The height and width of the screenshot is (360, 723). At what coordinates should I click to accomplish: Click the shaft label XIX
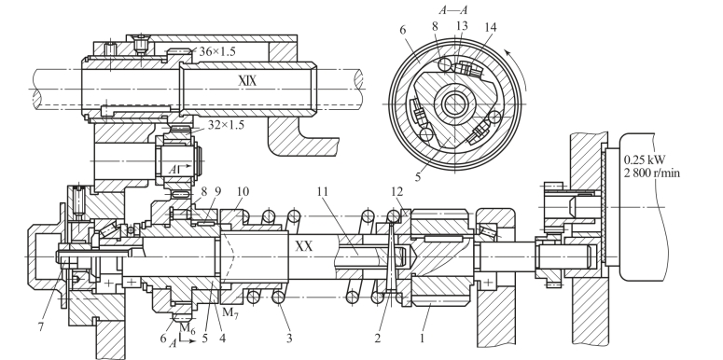click(247, 80)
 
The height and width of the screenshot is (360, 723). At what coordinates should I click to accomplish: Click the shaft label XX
click(303, 245)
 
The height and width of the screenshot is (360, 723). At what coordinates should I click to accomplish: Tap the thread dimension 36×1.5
click(216, 51)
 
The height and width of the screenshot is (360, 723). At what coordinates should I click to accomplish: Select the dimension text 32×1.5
click(226, 124)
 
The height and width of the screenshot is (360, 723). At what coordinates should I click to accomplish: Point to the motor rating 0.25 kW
click(645, 160)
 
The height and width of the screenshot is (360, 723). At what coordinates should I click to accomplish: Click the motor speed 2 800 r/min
click(651, 173)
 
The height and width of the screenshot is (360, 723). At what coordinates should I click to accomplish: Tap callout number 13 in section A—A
click(462, 26)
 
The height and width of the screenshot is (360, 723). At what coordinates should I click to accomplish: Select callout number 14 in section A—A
click(491, 27)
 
